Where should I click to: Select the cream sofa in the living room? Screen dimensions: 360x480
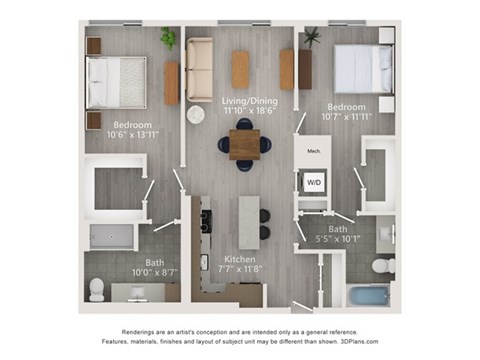(199, 69)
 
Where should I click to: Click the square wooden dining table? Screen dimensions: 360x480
(244, 146)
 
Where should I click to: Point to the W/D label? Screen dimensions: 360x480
(314, 183)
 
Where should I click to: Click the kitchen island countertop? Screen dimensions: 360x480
(249, 221)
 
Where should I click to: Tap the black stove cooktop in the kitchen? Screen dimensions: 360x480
(205, 221)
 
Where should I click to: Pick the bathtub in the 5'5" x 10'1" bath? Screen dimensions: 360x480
(370, 296)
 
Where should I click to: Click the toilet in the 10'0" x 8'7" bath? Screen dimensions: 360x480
(97, 289)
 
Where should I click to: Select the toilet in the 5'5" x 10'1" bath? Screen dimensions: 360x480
(383, 266)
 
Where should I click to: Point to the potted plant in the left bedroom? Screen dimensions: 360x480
(168, 38)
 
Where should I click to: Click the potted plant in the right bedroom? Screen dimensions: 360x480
(312, 37)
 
